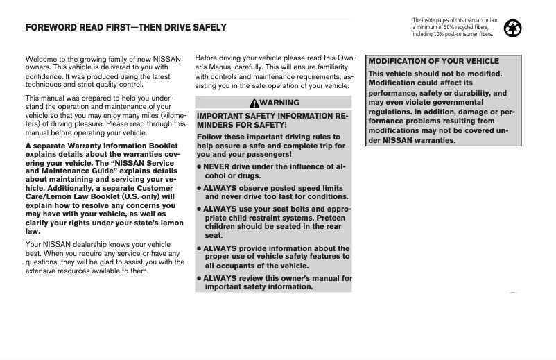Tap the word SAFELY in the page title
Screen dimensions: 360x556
[x=207, y=28]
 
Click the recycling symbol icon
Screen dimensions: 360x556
[x=513, y=28]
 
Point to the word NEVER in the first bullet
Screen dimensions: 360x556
[x=217, y=167]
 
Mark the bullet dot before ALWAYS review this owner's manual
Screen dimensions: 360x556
[x=199, y=278]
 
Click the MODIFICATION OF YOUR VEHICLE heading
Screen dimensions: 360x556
[x=433, y=61]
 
